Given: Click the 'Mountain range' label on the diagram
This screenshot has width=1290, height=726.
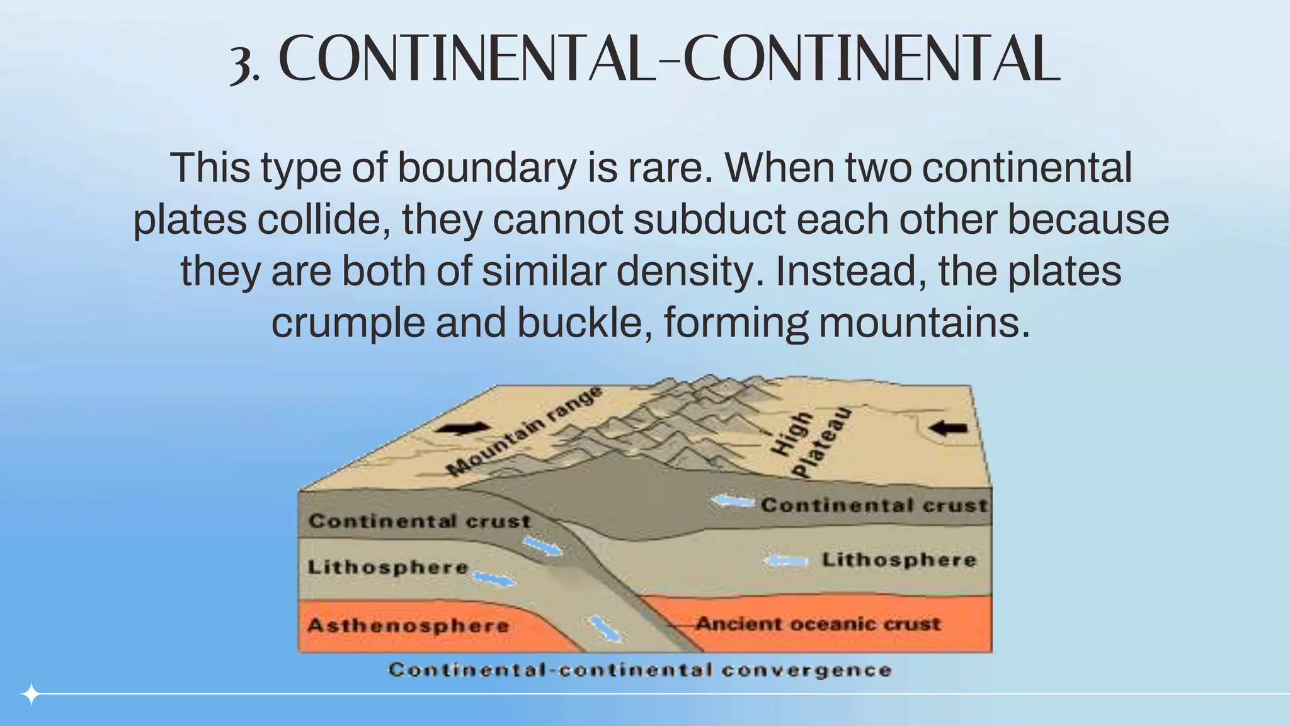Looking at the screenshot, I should click(523, 432).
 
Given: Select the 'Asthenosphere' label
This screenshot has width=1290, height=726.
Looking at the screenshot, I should click(408, 626).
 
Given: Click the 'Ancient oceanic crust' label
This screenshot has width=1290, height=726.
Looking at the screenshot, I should click(818, 624).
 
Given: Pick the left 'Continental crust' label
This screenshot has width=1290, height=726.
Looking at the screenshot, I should click(420, 521).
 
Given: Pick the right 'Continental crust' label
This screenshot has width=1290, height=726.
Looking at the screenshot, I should click(874, 505).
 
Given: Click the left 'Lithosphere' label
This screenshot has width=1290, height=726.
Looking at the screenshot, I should click(388, 567).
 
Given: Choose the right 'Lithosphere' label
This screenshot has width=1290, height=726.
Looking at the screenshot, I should click(899, 560).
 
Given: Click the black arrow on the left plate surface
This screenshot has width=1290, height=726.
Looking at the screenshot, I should click(465, 429).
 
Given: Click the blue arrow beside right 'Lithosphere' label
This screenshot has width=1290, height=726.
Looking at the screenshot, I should click(785, 560).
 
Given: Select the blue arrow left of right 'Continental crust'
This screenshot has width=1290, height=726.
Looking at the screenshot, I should click(733, 502).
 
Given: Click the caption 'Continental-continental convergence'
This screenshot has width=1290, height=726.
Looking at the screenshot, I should click(640, 670).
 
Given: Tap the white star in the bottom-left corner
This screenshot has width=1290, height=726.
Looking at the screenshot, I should click(30, 694).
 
